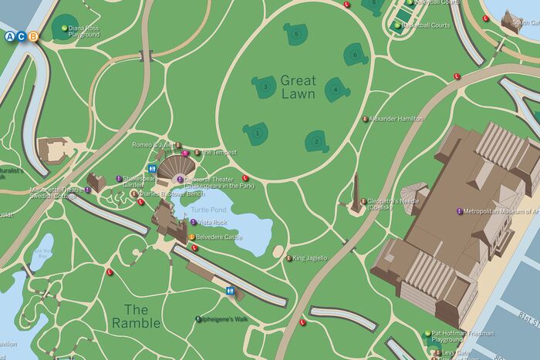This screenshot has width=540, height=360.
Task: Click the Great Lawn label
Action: (x=298, y=87)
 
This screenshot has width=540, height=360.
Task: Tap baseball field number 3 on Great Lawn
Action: (x=265, y=87)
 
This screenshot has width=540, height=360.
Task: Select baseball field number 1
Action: (x=256, y=133)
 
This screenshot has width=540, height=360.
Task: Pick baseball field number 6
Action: (x=355, y=54)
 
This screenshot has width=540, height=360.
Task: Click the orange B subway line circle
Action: (x=32, y=36)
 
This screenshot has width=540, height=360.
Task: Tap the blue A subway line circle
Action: (x=9, y=36)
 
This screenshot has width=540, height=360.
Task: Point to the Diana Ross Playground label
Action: (x=84, y=32)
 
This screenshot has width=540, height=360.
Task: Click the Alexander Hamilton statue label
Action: (x=397, y=119)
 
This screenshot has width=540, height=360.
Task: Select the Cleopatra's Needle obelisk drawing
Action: (x=356, y=194)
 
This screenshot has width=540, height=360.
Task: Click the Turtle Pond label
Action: (x=208, y=210)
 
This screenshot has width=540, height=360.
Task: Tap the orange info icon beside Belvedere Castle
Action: (x=192, y=237)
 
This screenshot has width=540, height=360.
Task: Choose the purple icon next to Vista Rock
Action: (x=193, y=222)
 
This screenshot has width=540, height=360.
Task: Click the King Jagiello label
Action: (x=310, y=257)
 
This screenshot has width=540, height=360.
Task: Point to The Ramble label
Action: (x=136, y=316)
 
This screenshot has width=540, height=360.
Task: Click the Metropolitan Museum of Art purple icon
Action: (x=457, y=210)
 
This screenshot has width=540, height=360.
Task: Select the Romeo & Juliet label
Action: (x=152, y=144)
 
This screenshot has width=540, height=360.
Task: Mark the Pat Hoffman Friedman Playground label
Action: (x=463, y=336)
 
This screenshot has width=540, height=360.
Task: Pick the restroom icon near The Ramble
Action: (x=231, y=291)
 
